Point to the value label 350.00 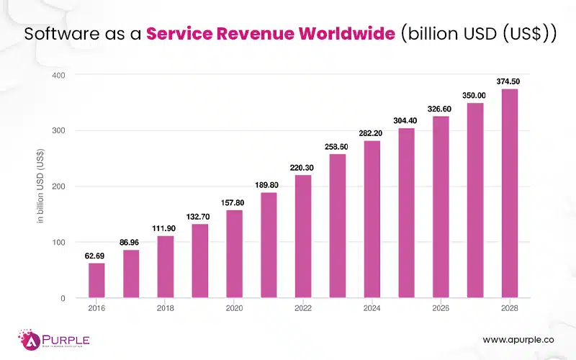[x=475, y=95]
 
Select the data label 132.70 [x=199, y=215]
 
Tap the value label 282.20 [x=372, y=132]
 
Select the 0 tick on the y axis [x=63, y=298]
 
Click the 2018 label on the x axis [x=165, y=309]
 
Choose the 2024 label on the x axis [x=372, y=309]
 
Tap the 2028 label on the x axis [x=510, y=309]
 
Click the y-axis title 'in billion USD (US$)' [x=40, y=186]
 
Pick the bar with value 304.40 [x=406, y=213]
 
